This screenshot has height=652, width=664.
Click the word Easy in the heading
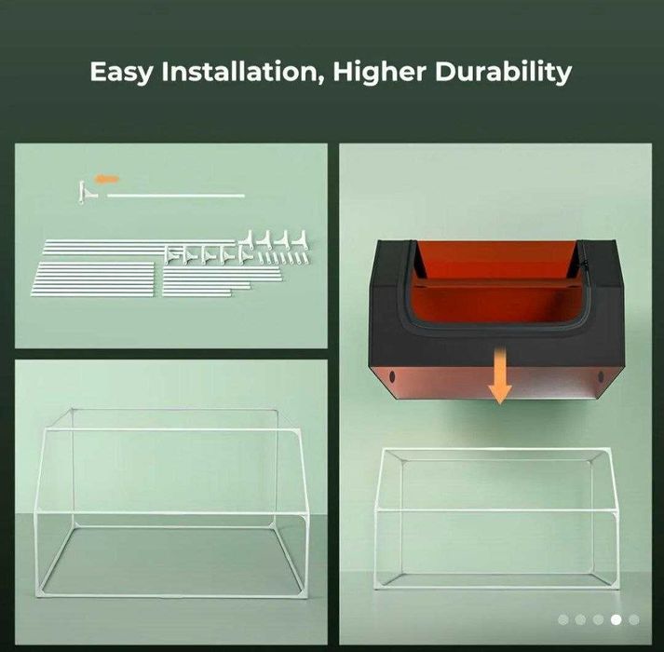click(121, 72)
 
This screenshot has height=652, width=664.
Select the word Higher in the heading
click(379, 71)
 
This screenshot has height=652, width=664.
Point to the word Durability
click(503, 72)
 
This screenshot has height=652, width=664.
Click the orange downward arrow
click(500, 374)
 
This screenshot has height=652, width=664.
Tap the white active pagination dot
click(617, 619)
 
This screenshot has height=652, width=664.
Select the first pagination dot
click(563, 619)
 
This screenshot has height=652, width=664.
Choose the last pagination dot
click(634, 619)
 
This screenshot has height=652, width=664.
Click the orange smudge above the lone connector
click(107, 179)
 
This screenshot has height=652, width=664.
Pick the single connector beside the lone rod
click(87, 193)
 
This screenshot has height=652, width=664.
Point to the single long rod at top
click(176, 196)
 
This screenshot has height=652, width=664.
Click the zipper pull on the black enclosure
click(586, 265)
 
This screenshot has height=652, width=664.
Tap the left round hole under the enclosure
click(392, 375)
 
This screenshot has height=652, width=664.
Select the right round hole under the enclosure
click(601, 376)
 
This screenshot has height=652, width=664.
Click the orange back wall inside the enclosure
click(495, 260)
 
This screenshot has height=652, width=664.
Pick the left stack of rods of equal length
click(92, 278)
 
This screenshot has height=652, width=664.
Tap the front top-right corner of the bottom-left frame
click(298, 431)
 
